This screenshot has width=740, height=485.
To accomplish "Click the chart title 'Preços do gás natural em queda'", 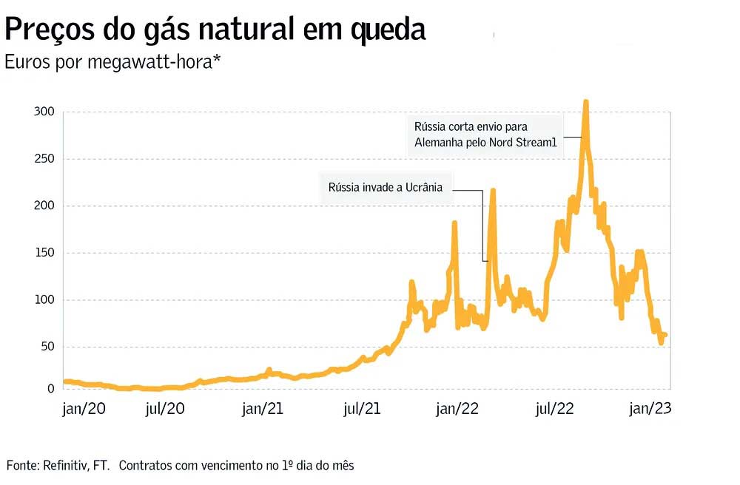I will point(215,30).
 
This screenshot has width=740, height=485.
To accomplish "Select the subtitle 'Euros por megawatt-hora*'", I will point(113,62).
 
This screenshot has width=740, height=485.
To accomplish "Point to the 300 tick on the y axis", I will point(45,112).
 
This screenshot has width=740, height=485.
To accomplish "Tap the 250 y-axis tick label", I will point(45,159).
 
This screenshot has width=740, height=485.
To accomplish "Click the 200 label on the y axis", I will point(45,206).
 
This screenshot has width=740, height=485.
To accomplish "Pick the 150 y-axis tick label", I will point(45,253).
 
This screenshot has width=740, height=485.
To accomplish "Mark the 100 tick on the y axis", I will point(45,299).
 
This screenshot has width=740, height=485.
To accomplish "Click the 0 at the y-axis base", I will point(51,389).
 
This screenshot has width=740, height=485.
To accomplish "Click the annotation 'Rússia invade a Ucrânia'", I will point(385,188).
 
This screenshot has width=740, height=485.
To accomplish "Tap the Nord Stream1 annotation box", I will point(485,135).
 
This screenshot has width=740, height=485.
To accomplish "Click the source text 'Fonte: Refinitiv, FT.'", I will point(58,465).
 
